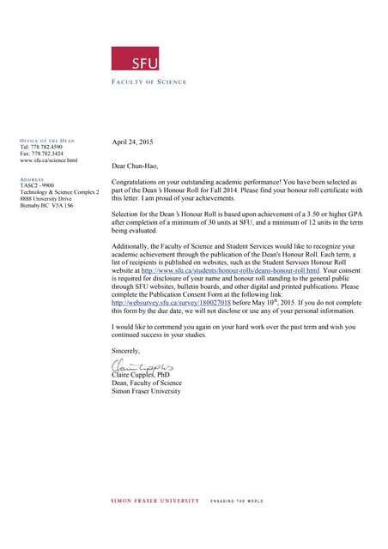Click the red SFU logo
point(135,58)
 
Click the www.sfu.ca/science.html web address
point(48,160)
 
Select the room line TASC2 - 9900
point(37,185)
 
